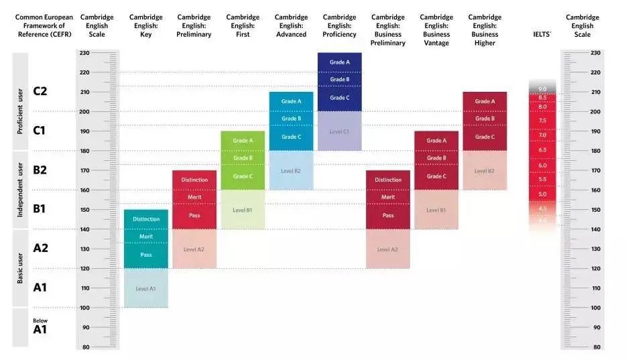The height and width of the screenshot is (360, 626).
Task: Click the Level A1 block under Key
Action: [x=145, y=288]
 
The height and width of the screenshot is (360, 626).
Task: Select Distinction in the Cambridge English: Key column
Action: [x=145, y=219]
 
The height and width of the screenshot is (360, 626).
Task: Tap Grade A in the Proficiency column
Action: [x=339, y=62]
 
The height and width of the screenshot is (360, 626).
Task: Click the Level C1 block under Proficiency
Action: [x=339, y=131]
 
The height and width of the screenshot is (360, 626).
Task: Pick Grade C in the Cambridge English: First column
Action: [x=243, y=176]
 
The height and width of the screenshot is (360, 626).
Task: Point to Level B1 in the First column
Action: [x=243, y=210]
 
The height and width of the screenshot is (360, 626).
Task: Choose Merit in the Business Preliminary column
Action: [x=388, y=197]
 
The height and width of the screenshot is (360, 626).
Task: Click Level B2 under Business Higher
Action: [x=485, y=171]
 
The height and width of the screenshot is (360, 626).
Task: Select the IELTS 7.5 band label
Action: [x=542, y=121]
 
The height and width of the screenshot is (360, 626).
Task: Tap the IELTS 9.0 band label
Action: [x=542, y=89]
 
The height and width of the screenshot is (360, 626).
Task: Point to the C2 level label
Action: [x=40, y=91]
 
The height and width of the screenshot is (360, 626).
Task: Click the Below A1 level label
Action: [x=40, y=326]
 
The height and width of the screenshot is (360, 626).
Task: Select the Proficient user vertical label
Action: [x=20, y=111]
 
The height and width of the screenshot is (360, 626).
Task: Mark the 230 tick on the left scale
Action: [x=84, y=52]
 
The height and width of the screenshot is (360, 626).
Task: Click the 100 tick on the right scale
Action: [x=596, y=308]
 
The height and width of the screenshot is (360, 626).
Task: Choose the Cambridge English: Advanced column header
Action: [x=291, y=25]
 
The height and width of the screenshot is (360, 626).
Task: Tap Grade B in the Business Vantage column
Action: [x=436, y=158]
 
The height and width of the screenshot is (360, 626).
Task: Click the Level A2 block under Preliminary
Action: [x=194, y=249]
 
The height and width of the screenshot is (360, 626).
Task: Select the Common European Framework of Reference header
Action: [x=44, y=25]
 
